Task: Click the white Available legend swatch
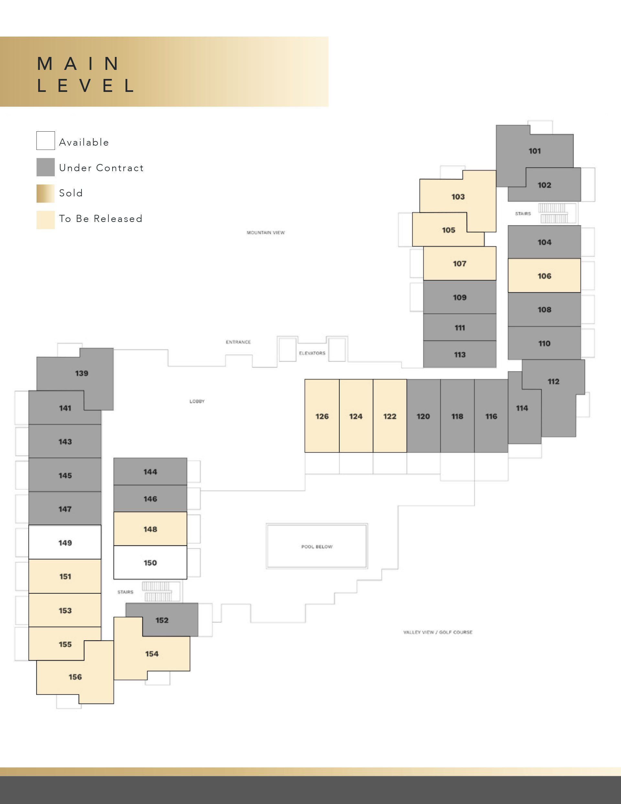[46, 141]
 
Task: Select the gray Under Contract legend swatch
[46, 167]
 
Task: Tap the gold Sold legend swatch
[46, 193]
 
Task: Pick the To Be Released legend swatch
[46, 220]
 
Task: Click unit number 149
[65, 543]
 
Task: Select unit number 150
[150, 563]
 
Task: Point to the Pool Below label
[317, 547]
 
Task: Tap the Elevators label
[312, 353]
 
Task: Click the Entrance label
[238, 342]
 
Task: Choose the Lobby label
[197, 401]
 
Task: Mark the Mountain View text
[266, 233]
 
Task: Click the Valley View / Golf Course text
[438, 632]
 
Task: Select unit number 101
[535, 151]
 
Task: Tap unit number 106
[544, 276]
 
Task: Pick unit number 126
[322, 416]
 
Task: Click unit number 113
[460, 355]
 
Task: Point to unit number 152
[162, 620]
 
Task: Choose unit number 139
[82, 373]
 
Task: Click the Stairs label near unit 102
[523, 214]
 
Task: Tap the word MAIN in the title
[78, 64]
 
